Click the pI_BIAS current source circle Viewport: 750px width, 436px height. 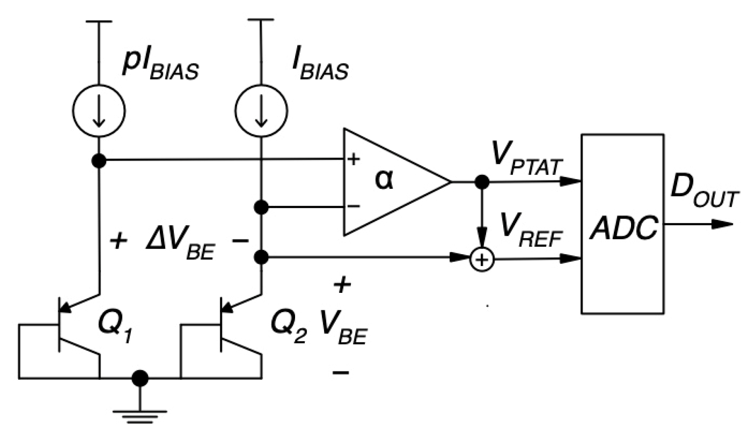pos(99,111)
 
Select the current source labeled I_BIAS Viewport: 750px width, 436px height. pos(261,111)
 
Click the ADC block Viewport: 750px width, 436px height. pos(622,224)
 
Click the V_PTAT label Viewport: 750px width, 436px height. pos(527,160)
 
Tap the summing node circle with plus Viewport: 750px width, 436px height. pos(482,259)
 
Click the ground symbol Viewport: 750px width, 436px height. pos(140,415)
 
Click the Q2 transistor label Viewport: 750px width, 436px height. pos(288,327)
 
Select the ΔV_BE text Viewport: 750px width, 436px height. pos(180,246)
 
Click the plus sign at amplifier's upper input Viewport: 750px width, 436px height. pos(353,159)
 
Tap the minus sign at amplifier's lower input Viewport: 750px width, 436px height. pos(353,206)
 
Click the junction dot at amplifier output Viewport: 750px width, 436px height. pos(482,181)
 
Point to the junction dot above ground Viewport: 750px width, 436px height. pos(140,378)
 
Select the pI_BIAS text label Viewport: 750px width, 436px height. pos(160,66)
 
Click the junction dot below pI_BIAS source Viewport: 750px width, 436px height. pos(99,161)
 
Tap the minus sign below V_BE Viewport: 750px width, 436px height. pos(341,373)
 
